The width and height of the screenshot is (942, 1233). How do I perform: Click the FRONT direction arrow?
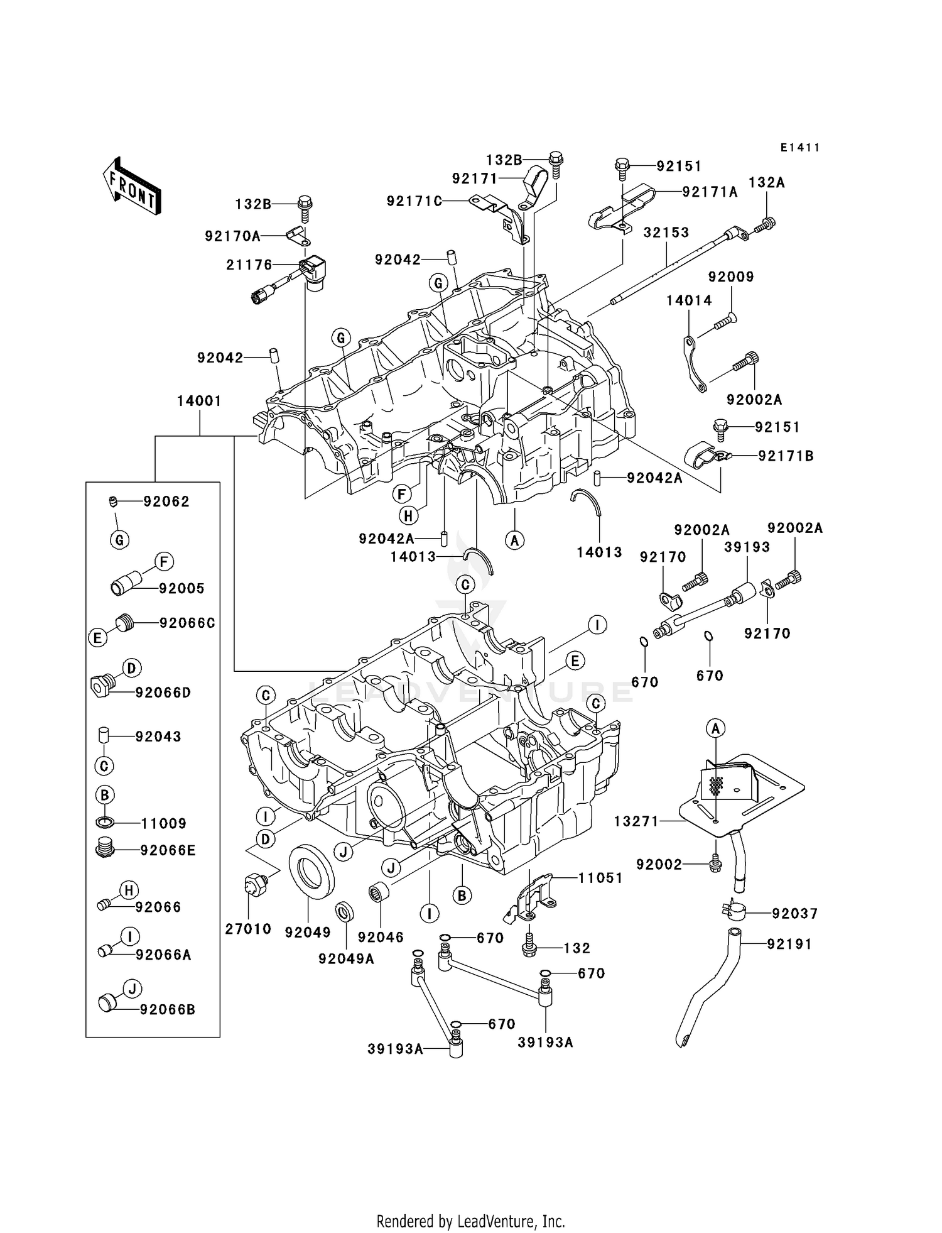tap(132, 187)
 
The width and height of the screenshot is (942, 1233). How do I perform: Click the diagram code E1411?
tap(799, 148)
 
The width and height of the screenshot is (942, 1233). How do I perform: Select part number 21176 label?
tap(249, 265)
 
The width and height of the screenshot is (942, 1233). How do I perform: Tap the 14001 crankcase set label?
tap(199, 401)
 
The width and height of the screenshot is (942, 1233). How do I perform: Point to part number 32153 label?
tap(666, 233)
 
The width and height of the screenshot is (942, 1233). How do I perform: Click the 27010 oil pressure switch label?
tap(248, 929)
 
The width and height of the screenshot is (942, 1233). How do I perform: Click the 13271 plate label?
tap(636, 821)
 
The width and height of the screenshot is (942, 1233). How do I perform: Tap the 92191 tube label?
tap(789, 944)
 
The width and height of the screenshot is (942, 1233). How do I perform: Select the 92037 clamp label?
tap(795, 914)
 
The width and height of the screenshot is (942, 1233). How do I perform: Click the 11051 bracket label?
tap(600, 878)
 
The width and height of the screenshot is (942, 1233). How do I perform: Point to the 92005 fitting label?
tap(181, 589)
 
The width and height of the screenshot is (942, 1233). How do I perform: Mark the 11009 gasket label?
tap(163, 823)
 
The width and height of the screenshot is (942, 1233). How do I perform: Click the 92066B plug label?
tap(168, 1010)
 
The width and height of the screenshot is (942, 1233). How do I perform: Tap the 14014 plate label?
tap(689, 300)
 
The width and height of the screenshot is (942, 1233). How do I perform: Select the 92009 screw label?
tap(731, 277)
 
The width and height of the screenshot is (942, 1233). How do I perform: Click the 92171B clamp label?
tap(786, 456)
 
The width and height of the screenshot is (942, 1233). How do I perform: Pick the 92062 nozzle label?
tap(166, 501)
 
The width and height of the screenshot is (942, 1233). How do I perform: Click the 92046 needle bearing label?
tap(381, 937)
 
